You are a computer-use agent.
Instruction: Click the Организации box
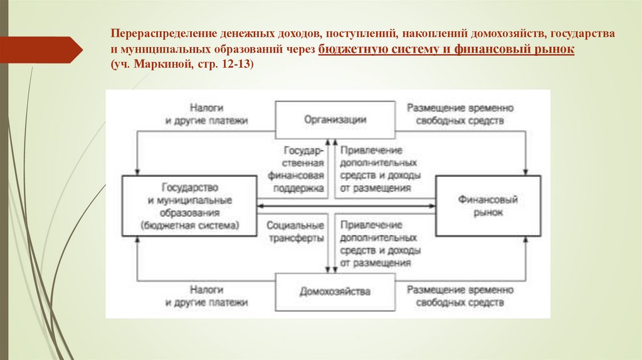tap(335, 120)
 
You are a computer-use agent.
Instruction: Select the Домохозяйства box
tap(335, 291)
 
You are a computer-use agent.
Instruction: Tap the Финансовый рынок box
tap(488, 206)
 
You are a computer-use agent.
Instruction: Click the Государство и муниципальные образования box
tap(189, 206)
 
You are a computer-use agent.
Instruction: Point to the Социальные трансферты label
tap(295, 231)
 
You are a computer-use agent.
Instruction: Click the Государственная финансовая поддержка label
tap(295, 169)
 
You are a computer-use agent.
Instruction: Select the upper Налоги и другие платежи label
tap(207, 114)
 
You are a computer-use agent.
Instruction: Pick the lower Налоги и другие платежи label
tap(207, 296)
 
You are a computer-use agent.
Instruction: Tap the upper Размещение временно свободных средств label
tap(460, 114)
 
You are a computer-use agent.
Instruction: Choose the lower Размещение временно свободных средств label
tap(460, 296)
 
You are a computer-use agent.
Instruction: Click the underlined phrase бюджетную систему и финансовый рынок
tap(446, 50)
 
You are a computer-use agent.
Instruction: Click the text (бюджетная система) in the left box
tap(189, 225)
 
